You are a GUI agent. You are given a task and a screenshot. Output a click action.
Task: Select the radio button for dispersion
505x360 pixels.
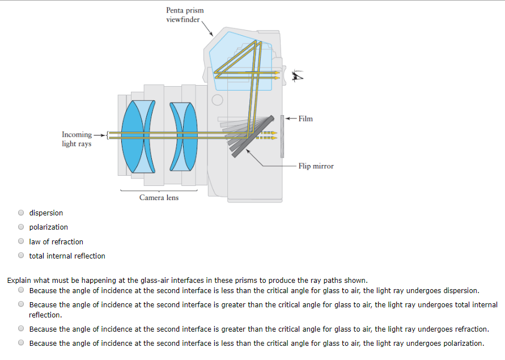click(x=21, y=213)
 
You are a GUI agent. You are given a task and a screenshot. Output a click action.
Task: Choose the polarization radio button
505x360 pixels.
click(x=21, y=227)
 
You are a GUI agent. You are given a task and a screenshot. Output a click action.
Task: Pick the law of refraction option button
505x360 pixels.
click(x=21, y=242)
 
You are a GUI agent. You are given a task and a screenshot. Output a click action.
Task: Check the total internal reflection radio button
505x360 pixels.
click(x=21, y=256)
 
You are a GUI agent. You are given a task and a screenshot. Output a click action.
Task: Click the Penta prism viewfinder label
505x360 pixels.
click(x=185, y=15)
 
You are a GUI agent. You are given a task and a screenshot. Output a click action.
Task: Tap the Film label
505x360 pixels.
click(x=305, y=118)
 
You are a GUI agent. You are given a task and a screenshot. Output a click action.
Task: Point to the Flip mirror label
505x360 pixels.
click(x=316, y=166)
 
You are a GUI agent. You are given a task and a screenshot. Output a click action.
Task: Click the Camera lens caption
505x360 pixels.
click(x=159, y=198)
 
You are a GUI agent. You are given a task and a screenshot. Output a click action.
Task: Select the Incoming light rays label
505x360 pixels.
click(x=77, y=139)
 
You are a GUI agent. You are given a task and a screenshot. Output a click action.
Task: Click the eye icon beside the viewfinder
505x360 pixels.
click(x=298, y=75)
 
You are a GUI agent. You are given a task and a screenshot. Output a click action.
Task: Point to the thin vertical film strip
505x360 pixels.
click(x=282, y=136)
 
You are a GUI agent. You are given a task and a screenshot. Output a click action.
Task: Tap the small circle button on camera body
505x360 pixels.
click(x=217, y=101)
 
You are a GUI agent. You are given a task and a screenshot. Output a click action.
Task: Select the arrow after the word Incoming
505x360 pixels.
click(x=99, y=135)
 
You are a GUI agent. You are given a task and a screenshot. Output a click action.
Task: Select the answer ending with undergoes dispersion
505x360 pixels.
click(x=21, y=290)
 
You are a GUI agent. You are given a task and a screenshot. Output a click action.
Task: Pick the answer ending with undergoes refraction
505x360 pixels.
click(x=21, y=329)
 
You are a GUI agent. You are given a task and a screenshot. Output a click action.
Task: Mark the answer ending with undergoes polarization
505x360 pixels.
click(x=21, y=343)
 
